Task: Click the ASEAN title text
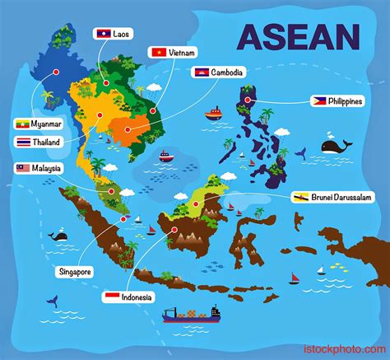coord(297,37)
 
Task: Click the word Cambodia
coord(227,72)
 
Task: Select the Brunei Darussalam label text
coord(343,197)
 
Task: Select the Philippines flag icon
coord(320,101)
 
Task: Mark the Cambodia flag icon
coord(201,72)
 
